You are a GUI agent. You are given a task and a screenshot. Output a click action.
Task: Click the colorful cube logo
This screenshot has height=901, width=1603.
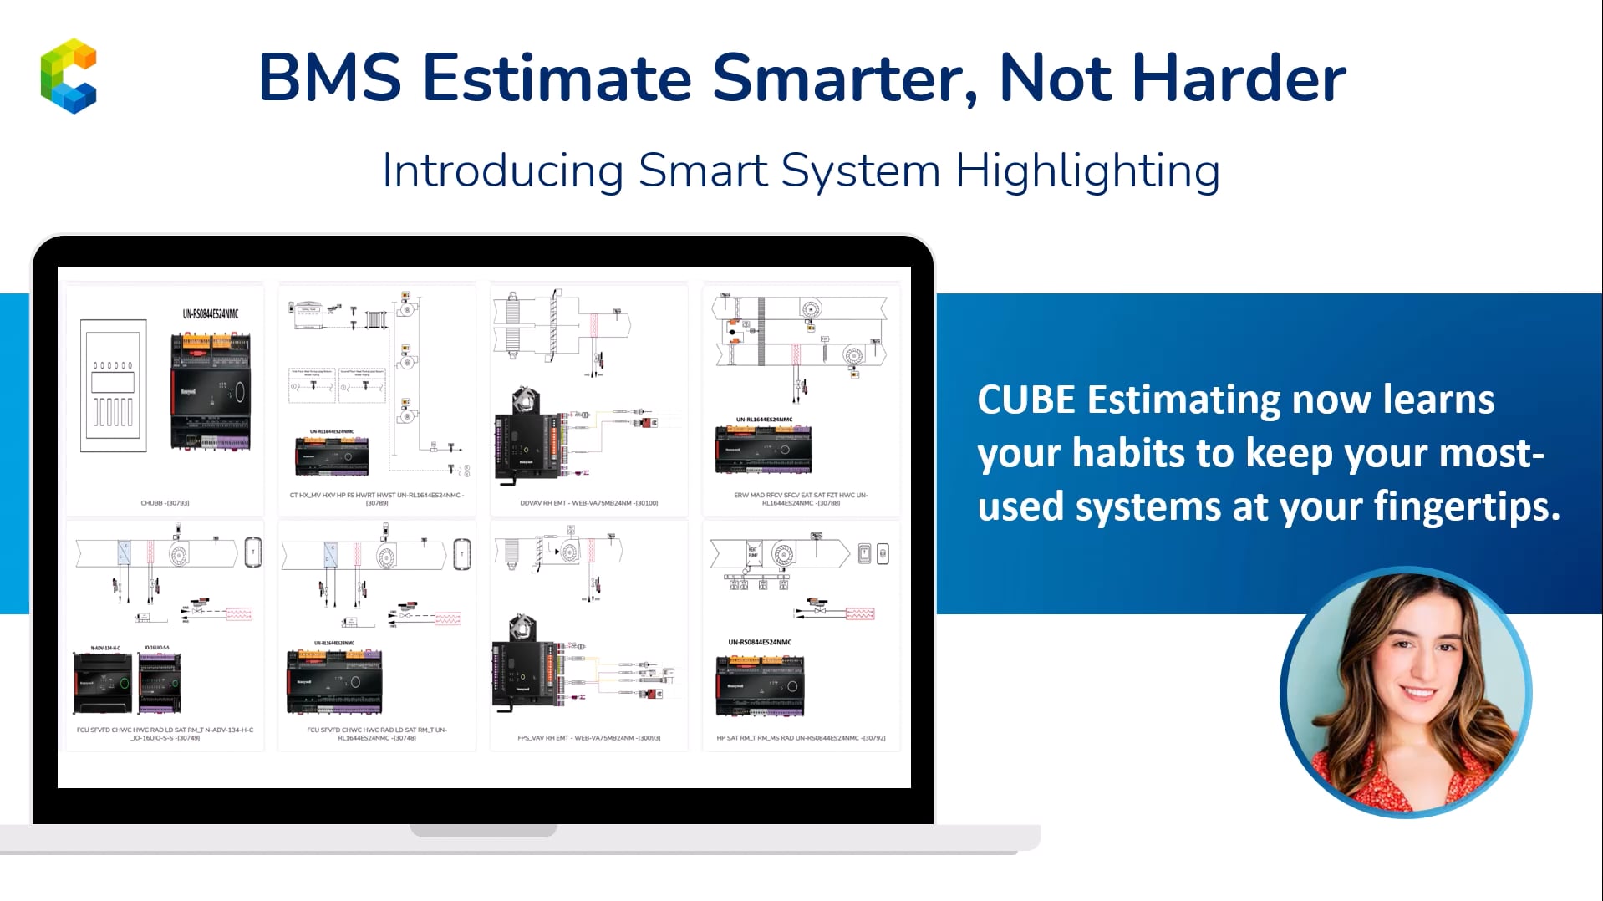click(69, 75)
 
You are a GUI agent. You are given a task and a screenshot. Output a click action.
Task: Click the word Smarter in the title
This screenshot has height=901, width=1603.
click(845, 78)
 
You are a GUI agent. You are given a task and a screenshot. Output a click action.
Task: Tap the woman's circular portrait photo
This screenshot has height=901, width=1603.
click(1406, 692)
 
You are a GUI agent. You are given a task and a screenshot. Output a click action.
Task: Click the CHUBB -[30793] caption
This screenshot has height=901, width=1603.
click(165, 503)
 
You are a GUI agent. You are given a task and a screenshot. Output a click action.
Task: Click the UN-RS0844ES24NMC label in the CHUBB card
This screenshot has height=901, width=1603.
click(211, 314)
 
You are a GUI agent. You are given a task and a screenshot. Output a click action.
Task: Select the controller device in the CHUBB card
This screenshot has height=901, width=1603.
click(211, 391)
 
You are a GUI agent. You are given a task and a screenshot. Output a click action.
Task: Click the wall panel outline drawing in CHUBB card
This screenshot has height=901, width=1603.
click(113, 386)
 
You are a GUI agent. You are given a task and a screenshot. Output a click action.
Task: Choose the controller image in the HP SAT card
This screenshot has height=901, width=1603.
click(760, 685)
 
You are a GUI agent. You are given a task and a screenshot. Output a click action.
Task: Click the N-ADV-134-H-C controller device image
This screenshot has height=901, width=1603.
click(104, 682)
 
